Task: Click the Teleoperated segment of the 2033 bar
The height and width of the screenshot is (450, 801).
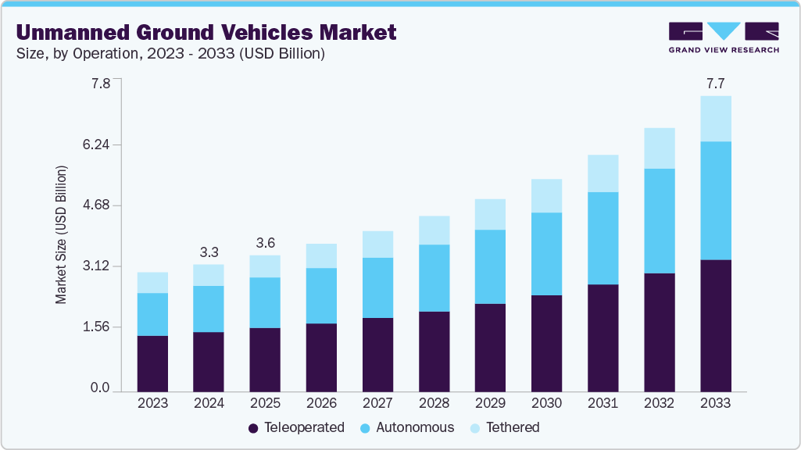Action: pos(715,325)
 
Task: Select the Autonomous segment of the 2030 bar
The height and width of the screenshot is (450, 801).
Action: pos(546,254)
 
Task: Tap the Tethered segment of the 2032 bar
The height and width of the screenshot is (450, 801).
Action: pos(659,148)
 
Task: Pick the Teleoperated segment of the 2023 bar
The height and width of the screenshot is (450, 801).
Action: pos(152,363)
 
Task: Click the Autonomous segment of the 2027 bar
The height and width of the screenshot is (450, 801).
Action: pos(377,287)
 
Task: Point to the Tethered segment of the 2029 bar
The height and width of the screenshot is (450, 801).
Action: pos(490,214)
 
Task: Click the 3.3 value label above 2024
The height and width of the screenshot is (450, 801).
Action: pos(209,252)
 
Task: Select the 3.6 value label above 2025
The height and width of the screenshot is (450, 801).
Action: pos(265,243)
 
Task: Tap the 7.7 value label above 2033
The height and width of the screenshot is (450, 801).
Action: pos(715,84)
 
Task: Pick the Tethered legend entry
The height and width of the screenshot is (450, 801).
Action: pos(504,427)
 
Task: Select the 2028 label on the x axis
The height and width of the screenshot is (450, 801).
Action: pos(434,403)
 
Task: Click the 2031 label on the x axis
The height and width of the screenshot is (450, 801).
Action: pos(603,403)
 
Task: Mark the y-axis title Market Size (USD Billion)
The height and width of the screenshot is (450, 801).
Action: pos(61,234)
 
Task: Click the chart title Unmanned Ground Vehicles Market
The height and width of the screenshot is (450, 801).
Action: pos(206,32)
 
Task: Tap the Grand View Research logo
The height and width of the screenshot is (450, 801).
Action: pos(724,37)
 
